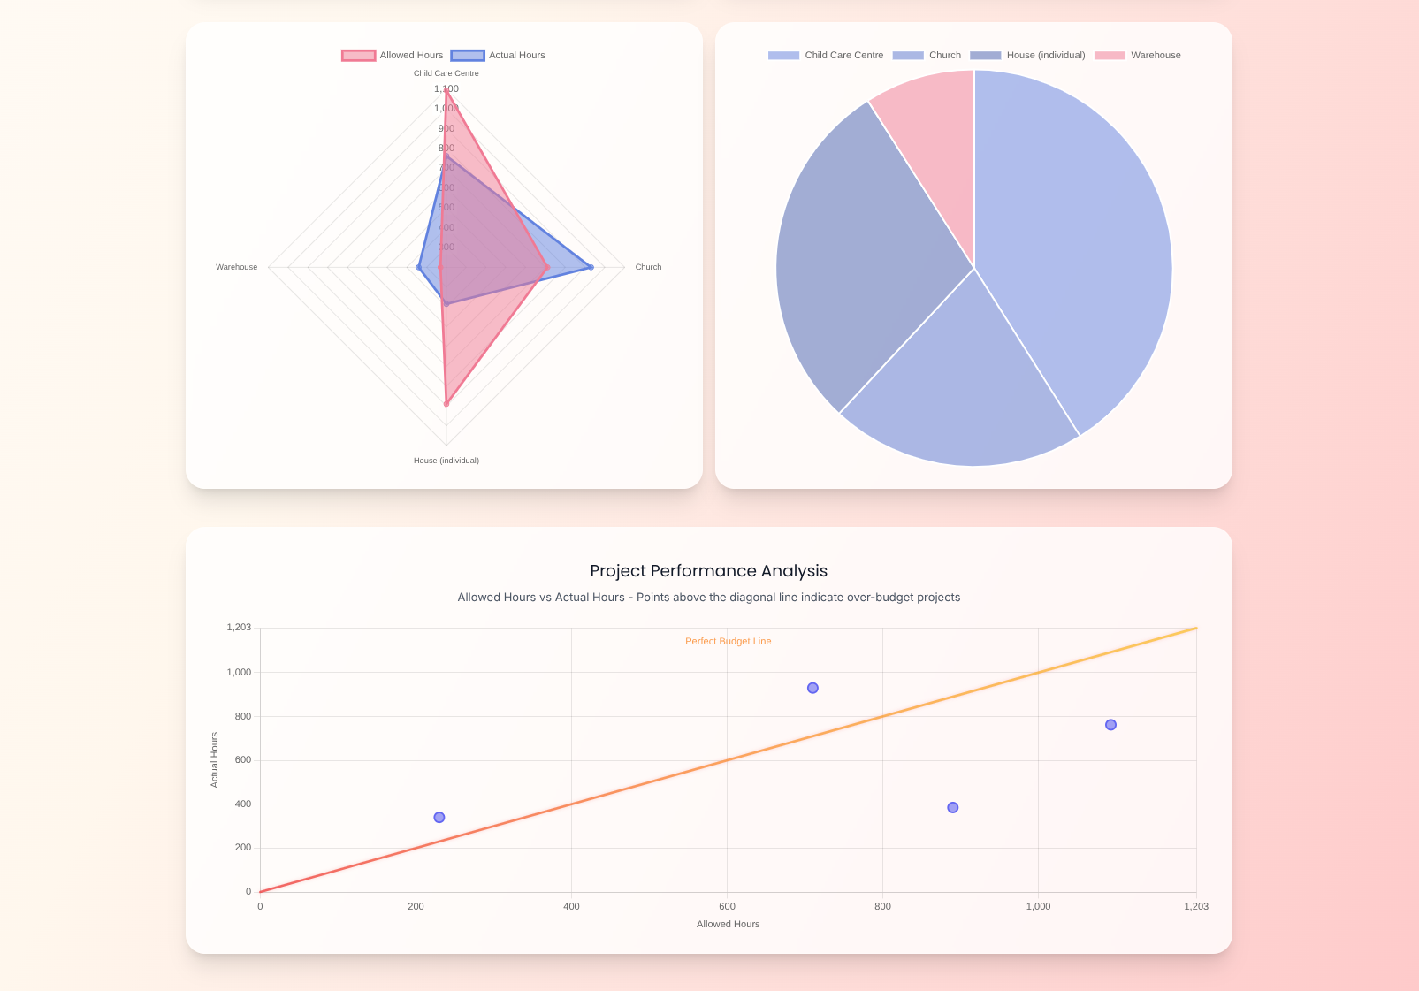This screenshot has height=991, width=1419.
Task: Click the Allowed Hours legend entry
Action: click(x=393, y=55)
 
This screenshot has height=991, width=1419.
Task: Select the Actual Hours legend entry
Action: click(x=499, y=55)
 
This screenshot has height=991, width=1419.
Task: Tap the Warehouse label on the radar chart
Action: click(x=236, y=267)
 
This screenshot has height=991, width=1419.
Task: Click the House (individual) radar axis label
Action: click(x=446, y=461)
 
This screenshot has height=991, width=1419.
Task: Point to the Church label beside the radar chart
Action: click(x=648, y=267)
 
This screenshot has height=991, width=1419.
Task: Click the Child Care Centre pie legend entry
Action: click(x=826, y=55)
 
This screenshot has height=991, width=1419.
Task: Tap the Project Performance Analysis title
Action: click(x=708, y=571)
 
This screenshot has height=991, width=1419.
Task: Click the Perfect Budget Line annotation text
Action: click(x=728, y=641)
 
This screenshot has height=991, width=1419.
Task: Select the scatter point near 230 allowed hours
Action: click(x=439, y=818)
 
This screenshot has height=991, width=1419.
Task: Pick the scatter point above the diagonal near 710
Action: click(x=812, y=688)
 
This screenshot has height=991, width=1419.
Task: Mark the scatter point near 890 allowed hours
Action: click(x=952, y=807)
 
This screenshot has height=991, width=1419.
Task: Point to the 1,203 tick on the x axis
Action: click(x=1195, y=906)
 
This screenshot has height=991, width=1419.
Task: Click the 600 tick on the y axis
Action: click(x=242, y=760)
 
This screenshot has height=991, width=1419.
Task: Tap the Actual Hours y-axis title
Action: click(x=214, y=760)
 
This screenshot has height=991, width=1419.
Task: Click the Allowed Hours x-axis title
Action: click(x=728, y=924)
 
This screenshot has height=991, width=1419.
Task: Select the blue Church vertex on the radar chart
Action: click(x=591, y=267)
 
